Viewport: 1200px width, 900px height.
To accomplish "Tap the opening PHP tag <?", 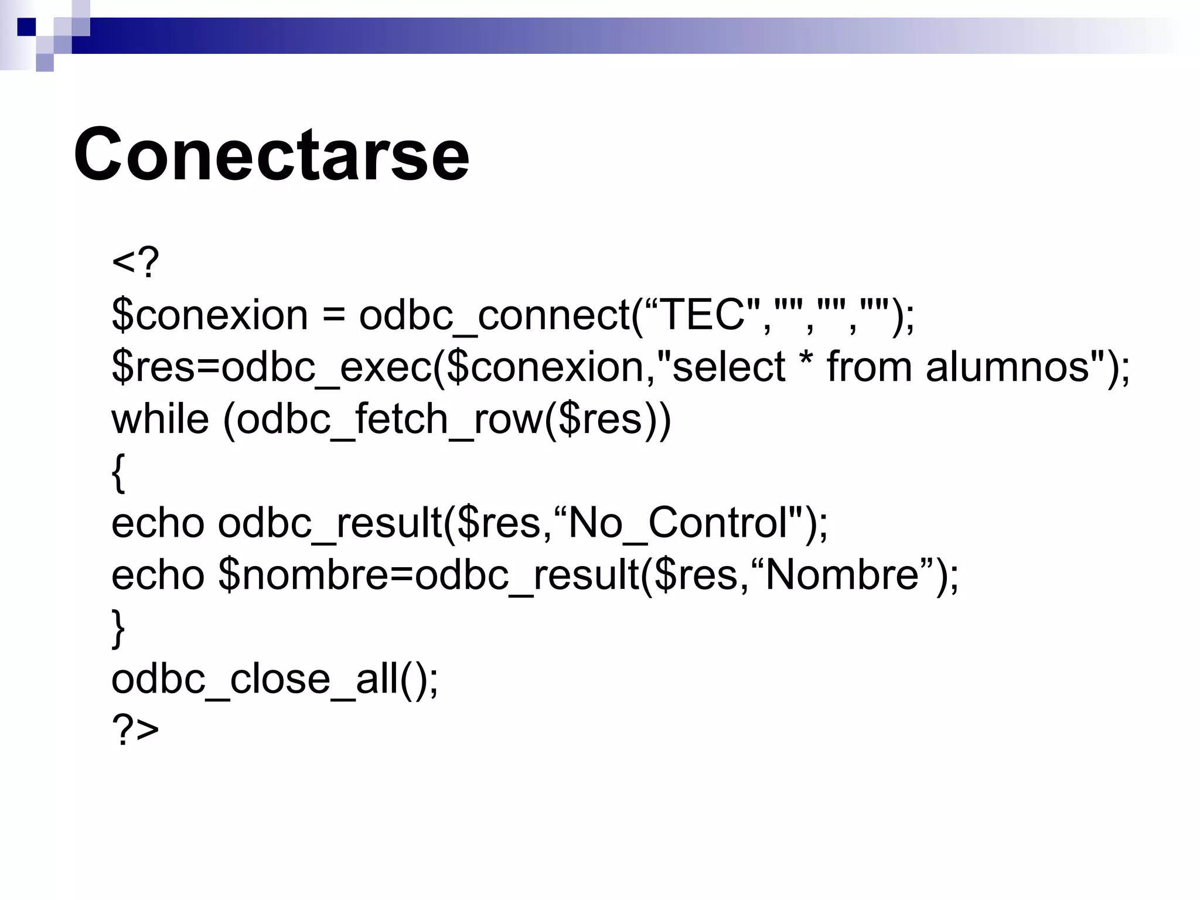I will tap(135, 264).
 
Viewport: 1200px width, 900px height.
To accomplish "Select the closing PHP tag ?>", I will tap(135, 730).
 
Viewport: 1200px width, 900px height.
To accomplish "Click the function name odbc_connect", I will tap(494, 315).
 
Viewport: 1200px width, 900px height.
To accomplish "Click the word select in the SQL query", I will tap(728, 367).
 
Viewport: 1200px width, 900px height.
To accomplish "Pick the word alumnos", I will tap(1007, 367).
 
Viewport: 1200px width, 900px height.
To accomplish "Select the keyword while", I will tap(160, 419).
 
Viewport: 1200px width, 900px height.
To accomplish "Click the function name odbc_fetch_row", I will tap(390, 419).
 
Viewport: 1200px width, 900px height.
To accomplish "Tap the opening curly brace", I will tap(118, 472).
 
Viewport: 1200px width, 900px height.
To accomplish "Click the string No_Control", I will tap(677, 523).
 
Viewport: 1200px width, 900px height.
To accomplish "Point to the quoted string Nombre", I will tap(841, 575).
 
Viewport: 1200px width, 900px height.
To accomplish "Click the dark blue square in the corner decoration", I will tap(26, 27).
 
